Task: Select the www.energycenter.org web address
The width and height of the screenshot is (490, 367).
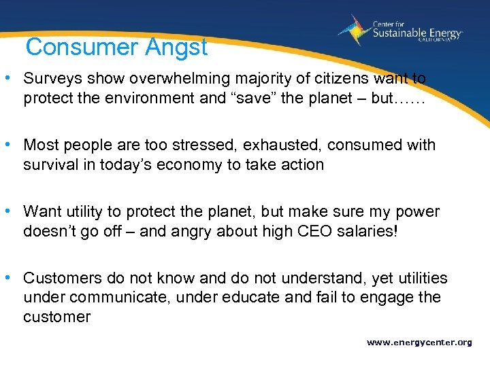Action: (419, 343)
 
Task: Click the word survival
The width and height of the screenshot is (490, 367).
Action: (50, 164)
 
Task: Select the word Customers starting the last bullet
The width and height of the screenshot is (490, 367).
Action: (63, 278)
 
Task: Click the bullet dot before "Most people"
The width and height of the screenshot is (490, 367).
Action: (14, 145)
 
